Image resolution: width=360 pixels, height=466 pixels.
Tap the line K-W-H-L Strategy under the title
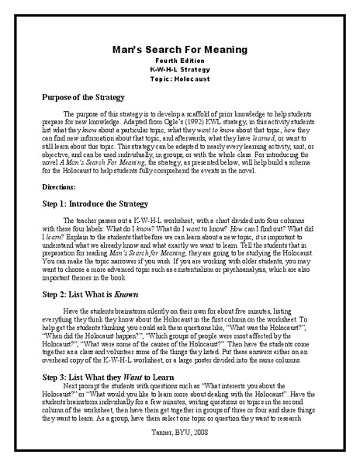pyautogui.click(x=179, y=69)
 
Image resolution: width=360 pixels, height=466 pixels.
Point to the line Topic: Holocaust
pyautogui.click(x=179, y=78)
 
